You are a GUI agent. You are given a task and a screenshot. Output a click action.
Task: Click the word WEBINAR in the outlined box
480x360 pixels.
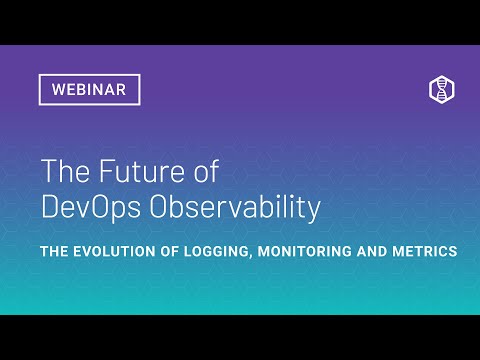click(89, 90)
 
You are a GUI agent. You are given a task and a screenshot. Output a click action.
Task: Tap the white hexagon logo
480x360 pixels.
click(442, 89)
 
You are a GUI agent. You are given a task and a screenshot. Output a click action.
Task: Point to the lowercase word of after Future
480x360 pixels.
click(204, 172)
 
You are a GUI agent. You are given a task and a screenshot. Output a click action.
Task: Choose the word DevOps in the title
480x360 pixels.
click(93, 208)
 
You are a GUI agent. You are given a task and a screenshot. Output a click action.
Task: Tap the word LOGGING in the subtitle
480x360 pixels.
click(214, 251)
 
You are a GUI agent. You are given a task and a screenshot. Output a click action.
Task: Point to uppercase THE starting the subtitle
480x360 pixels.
click(55, 251)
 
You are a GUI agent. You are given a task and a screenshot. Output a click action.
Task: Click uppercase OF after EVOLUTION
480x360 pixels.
click(169, 251)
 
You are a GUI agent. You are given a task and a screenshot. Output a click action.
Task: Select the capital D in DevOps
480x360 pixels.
click(50, 208)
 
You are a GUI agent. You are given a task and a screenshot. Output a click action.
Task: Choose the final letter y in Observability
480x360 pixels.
click(314, 210)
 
